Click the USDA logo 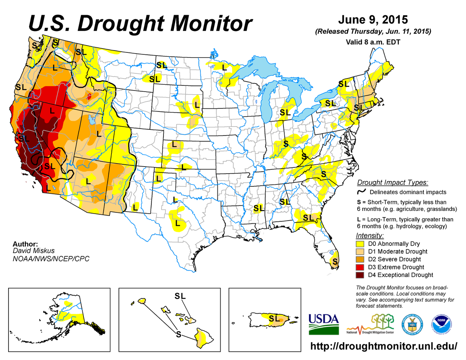click(x=323, y=324)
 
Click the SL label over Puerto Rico click(x=274, y=319)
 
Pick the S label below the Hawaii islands click(x=178, y=334)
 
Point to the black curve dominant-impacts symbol click(x=361, y=191)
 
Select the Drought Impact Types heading click(x=392, y=183)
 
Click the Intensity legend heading click(x=369, y=236)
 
